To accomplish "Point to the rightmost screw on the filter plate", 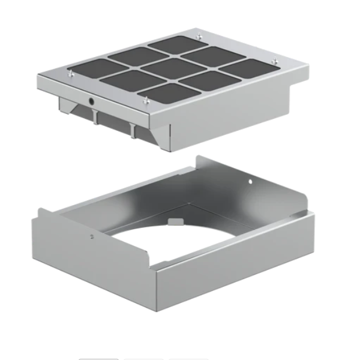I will [x=274, y=60].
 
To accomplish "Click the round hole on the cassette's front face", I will [x=91, y=102].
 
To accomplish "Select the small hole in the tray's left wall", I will [x=91, y=236].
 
